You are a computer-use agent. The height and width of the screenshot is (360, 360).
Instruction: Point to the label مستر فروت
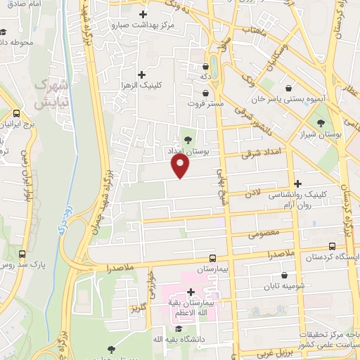pyautogui.click(x=206, y=104)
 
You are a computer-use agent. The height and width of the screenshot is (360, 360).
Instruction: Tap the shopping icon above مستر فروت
pyautogui.click(x=205, y=93)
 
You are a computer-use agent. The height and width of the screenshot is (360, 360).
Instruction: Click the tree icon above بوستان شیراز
pyautogui.click(x=321, y=122)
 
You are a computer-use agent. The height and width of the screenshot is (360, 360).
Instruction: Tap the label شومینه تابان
pyautogui.click(x=282, y=287)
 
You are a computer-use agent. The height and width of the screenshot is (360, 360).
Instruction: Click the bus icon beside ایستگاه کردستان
pyautogui.click(x=333, y=246)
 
